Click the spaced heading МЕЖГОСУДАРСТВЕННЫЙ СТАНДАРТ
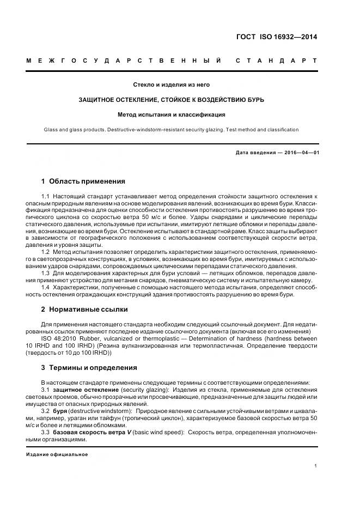tap(172, 60)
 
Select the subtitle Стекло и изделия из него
tap(172, 84)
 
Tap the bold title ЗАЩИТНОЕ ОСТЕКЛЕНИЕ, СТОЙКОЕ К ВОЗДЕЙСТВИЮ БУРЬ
tap(172, 100)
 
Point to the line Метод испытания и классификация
tap(172, 115)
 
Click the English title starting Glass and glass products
tap(172, 130)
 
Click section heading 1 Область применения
tap(83, 181)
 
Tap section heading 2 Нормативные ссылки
tap(84, 309)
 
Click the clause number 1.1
tap(46, 196)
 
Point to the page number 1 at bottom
tap(316, 465)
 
